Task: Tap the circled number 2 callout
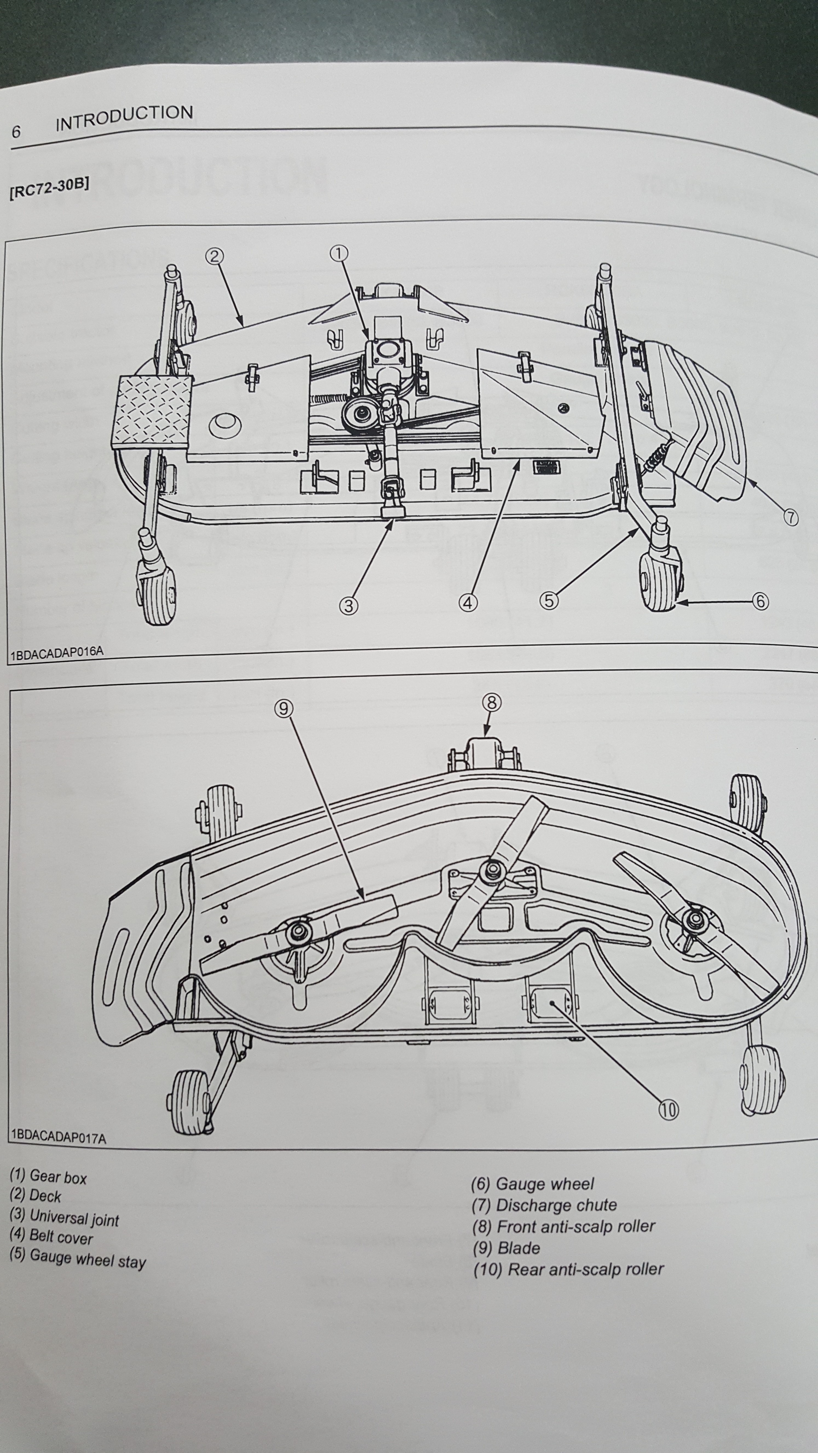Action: point(214,257)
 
